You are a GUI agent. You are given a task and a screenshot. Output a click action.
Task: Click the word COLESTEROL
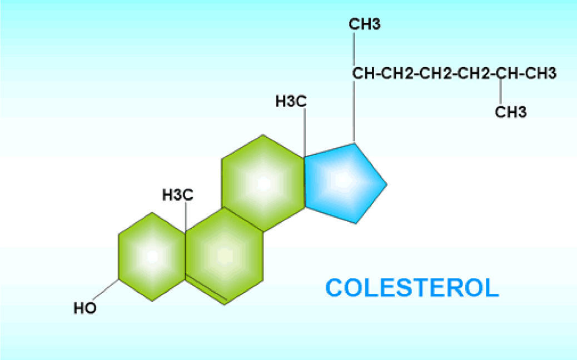pos(412,288)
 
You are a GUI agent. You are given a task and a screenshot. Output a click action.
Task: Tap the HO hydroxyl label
pos(85,308)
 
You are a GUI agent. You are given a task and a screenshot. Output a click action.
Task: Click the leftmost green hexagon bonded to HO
pos(152,257)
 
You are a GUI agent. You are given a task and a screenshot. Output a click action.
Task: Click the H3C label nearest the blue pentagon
pos(291,102)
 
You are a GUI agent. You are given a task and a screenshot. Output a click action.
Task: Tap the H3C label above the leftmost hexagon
pos(178,195)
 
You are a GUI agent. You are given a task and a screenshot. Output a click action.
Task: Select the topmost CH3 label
pos(365,24)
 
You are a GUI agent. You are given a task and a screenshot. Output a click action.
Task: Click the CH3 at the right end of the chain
pos(541,73)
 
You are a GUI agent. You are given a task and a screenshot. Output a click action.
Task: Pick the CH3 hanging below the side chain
pos(510,112)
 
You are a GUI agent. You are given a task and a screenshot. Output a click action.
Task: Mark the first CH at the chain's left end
pos(363,73)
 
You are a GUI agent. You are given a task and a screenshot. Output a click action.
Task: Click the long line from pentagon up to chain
pos(354,111)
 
